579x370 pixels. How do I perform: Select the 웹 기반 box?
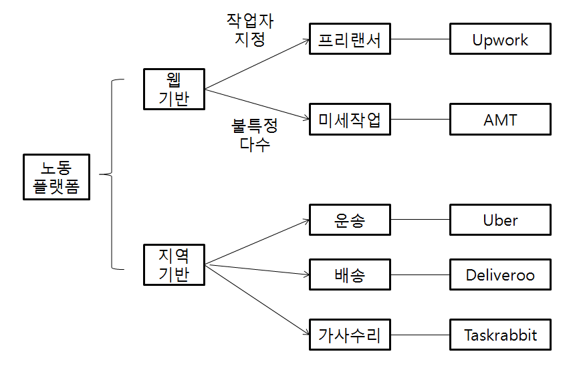coord(174,89)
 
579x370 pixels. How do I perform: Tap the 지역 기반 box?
coord(174,264)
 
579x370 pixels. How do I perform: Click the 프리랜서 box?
coord(350,39)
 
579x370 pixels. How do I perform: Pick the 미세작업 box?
coord(350,120)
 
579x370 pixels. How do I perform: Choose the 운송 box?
coord(350,220)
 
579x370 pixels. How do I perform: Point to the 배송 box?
coord(350,274)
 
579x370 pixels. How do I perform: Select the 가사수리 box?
coord(350,335)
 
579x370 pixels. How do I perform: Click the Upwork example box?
coord(500,39)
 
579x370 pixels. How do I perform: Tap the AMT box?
coord(500,120)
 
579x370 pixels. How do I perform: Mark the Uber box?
coord(500,220)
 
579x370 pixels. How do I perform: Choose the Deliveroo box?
coord(500,274)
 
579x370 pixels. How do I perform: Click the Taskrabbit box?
coord(500,335)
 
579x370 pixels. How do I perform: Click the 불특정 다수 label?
coord(255,135)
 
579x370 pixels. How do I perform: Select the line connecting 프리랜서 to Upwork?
coord(420,39)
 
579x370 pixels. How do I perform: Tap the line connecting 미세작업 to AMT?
coord(420,120)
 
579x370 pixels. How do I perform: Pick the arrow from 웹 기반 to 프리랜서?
coord(257,64)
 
